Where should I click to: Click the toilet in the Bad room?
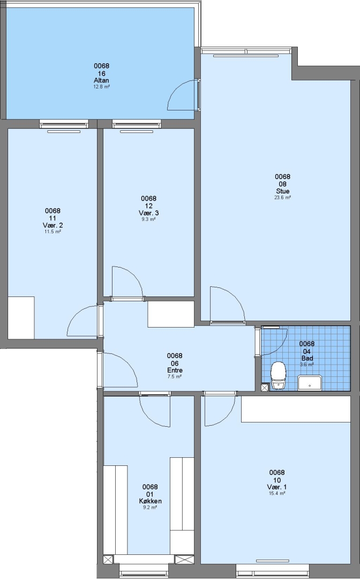coord(278,375)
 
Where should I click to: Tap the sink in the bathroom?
coord(310,383)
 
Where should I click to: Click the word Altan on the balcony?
coord(101,80)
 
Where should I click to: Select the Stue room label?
coord(283,191)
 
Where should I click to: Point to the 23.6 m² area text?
coord(283,197)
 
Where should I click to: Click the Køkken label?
coord(150,501)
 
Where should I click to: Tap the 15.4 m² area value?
coord(277,493)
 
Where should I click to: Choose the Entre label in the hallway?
coord(175,370)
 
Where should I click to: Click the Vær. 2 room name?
coord(52,225)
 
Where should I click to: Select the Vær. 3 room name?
coord(148,213)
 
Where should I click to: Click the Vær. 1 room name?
coord(277,487)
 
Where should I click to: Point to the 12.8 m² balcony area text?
coord(101,87)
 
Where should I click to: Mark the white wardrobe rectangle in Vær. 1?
coord(296,409)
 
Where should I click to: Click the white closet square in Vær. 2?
coord(21,318)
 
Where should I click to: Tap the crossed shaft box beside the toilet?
coord(264,388)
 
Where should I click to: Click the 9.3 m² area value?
coord(148,219)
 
